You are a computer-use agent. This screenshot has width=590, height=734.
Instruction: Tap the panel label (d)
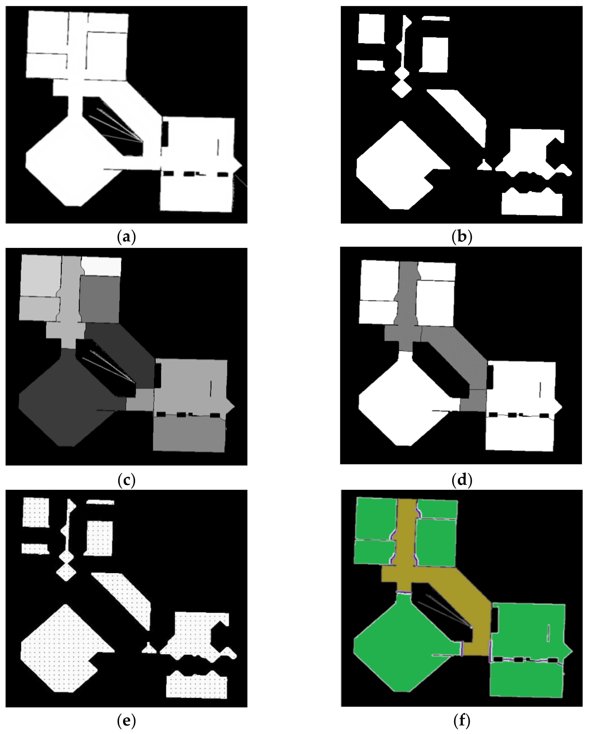462,480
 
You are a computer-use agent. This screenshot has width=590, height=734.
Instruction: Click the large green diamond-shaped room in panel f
402,650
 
